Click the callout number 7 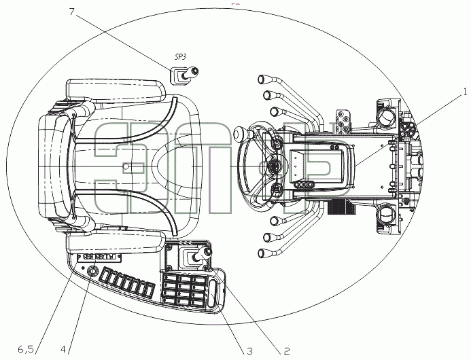pyautogui.click(x=71, y=12)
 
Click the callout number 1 pyautogui.click(x=465, y=92)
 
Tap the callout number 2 pyautogui.click(x=287, y=351)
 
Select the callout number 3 pyautogui.click(x=249, y=351)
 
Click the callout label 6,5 pyautogui.click(x=26, y=350)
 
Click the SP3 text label pyautogui.click(x=180, y=57)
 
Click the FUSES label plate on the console pyautogui.click(x=99, y=257)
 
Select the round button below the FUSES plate pyautogui.click(x=92, y=271)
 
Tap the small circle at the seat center pyautogui.click(x=126, y=166)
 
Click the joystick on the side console pyautogui.click(x=201, y=254)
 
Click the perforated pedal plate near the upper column pyautogui.click(x=343, y=121)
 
